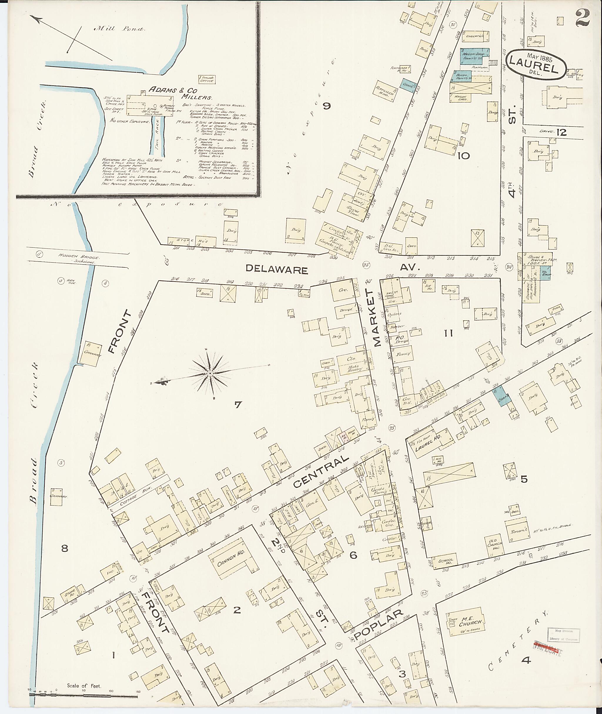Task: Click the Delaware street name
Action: click(x=277, y=270)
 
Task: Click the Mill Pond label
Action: click(x=119, y=29)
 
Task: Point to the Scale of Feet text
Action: click(x=83, y=685)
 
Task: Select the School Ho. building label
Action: click(x=446, y=561)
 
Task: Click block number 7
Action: click(x=238, y=405)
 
